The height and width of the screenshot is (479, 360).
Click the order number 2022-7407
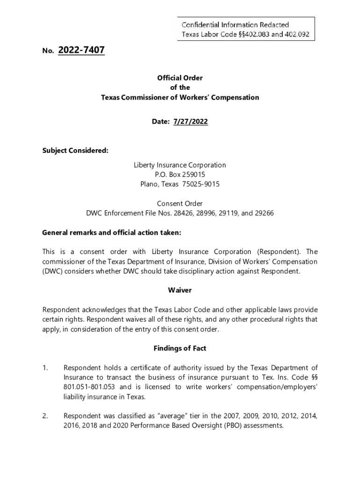point(81,50)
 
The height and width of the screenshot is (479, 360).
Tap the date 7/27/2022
point(190,122)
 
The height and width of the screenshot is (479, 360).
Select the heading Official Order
point(180,78)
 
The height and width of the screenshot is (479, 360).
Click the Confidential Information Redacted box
point(246,29)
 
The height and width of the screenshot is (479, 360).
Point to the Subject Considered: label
point(75,151)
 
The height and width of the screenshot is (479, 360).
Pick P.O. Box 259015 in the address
point(180,174)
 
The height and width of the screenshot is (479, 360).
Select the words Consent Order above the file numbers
point(180,203)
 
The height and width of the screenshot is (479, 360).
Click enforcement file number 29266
point(264,213)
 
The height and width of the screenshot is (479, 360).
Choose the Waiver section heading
point(180,290)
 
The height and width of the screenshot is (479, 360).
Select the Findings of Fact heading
point(180,348)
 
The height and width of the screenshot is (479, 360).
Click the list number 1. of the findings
point(45,368)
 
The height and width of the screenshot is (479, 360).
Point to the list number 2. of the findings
point(45,416)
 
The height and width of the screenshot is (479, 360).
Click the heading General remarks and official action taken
point(112,232)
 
